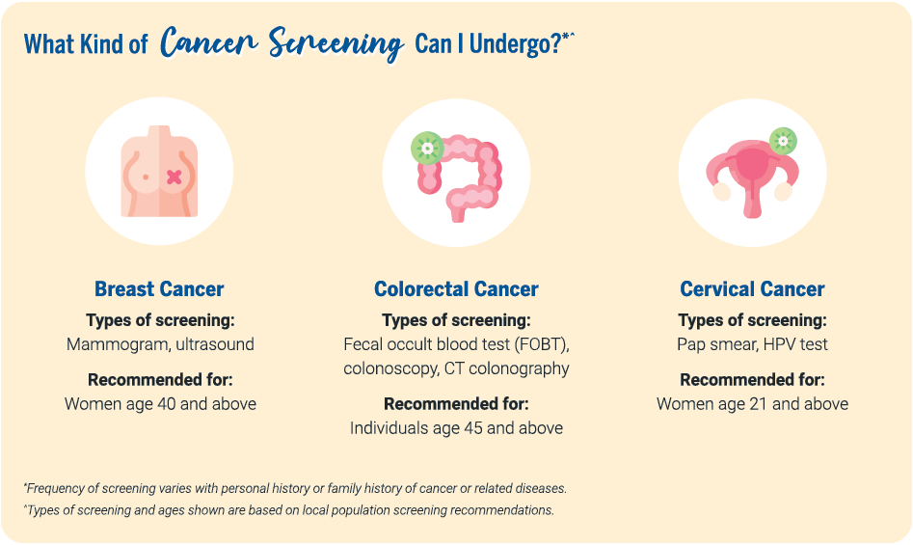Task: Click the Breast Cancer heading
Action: pos(159,288)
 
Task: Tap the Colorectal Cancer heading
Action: pos(456,288)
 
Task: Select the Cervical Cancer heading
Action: pos(752,288)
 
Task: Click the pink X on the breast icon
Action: pos(175,177)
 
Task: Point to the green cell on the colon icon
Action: pos(427,148)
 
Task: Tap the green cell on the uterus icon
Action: pos(783,141)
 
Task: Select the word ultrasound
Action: pos(215,344)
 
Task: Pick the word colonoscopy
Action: pos(390,368)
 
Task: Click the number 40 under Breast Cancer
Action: pos(167,404)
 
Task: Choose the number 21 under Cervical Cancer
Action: pos(759,404)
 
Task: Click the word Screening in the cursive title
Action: pos(336,43)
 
